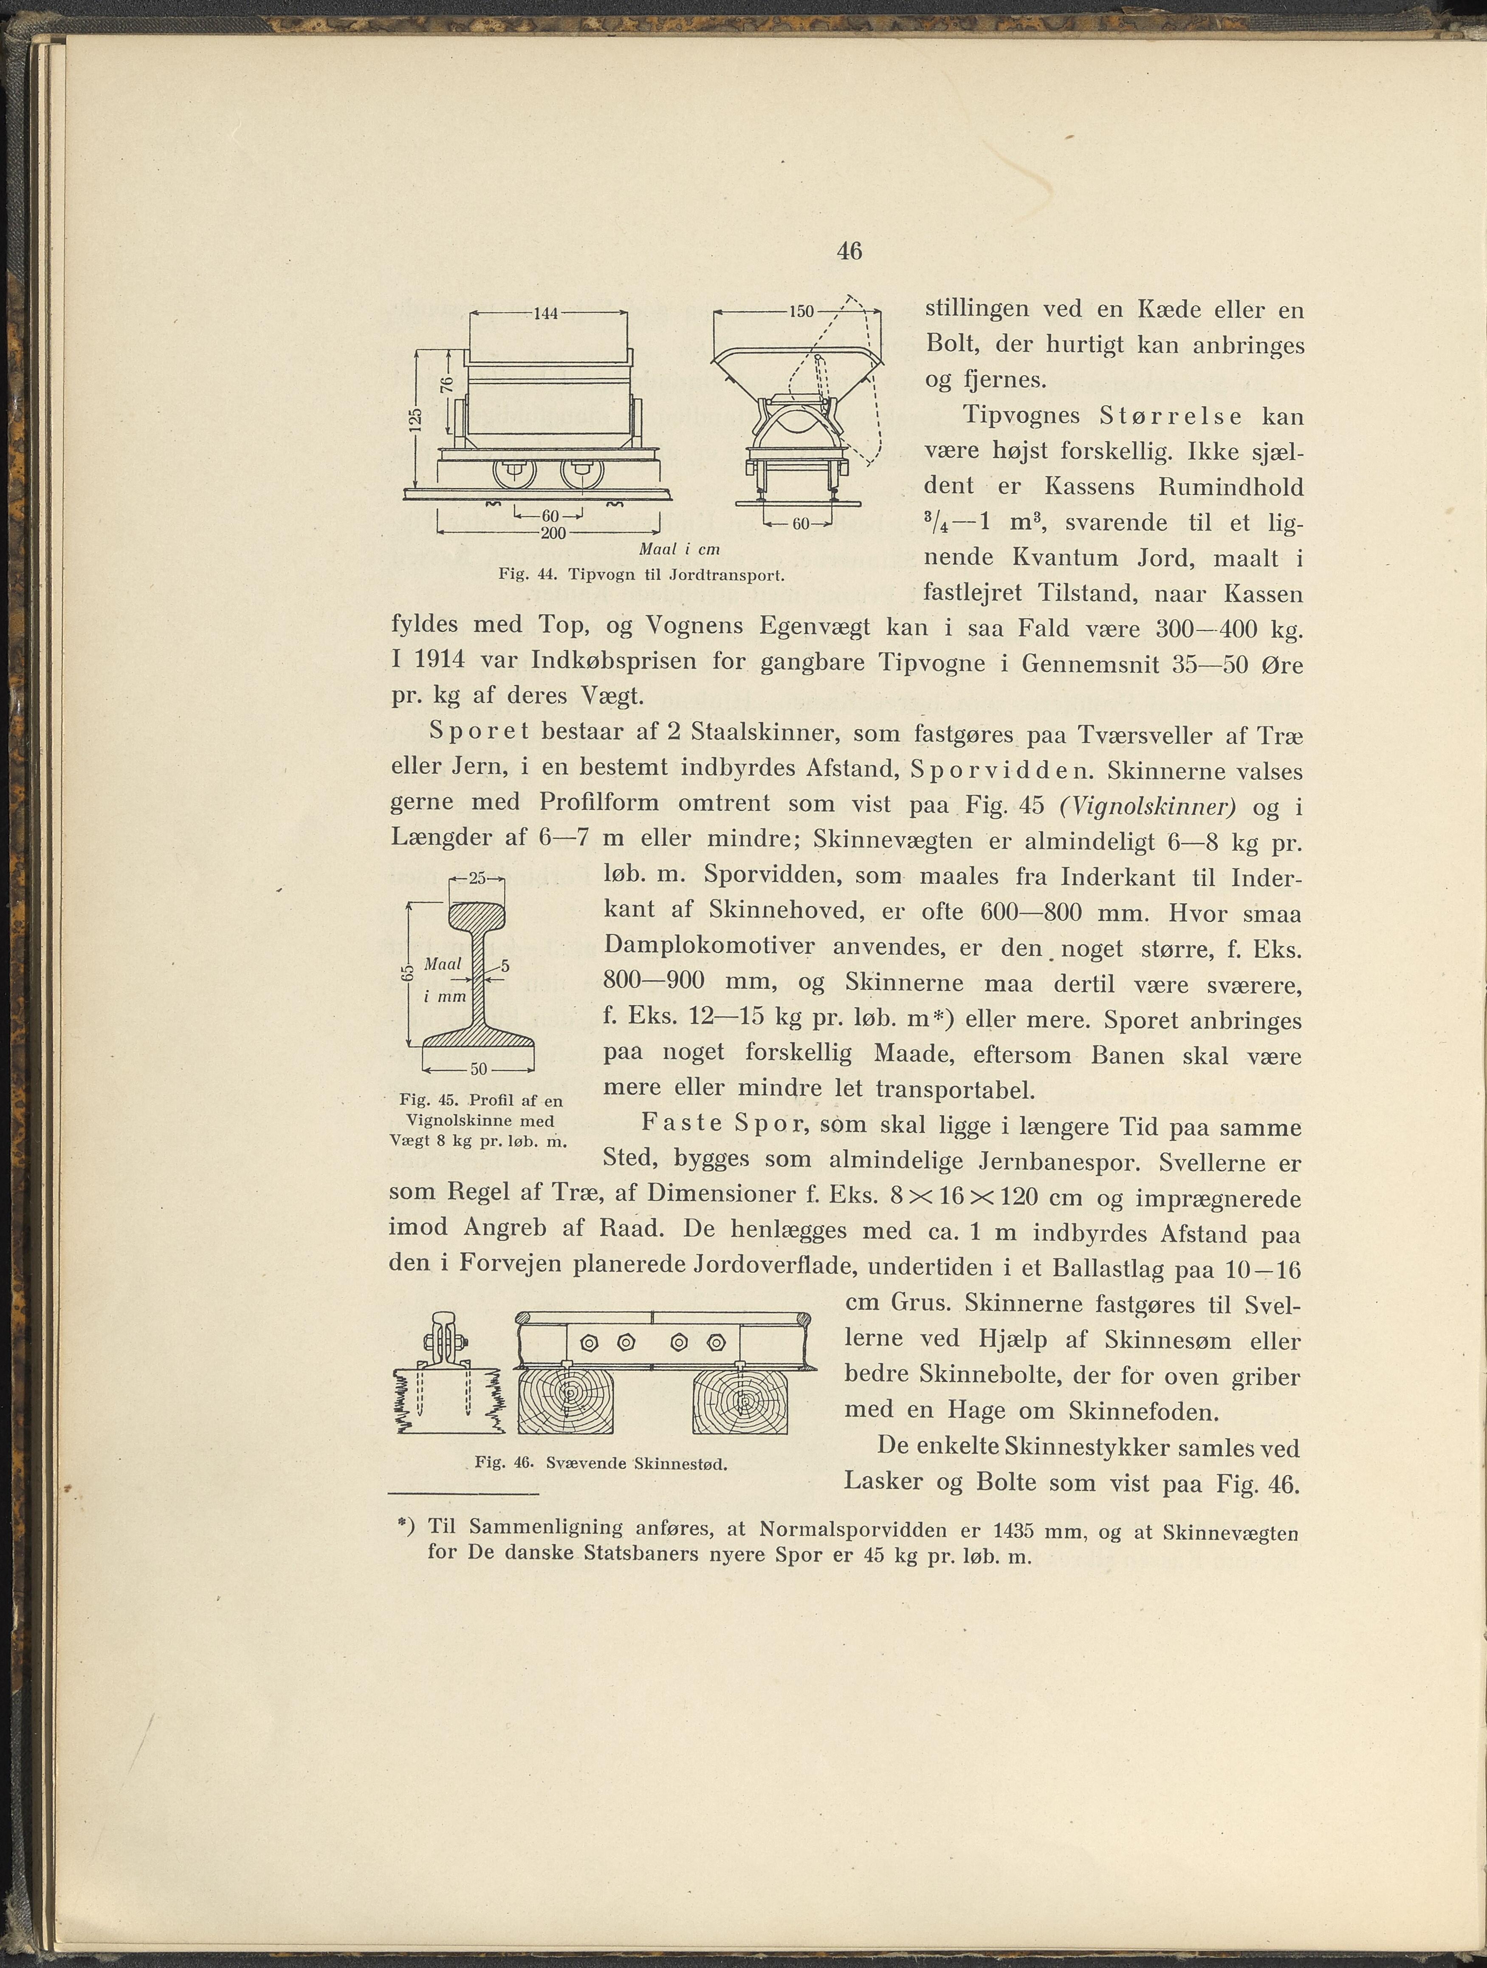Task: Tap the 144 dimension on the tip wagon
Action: (545, 313)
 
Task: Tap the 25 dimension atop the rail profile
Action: (477, 878)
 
